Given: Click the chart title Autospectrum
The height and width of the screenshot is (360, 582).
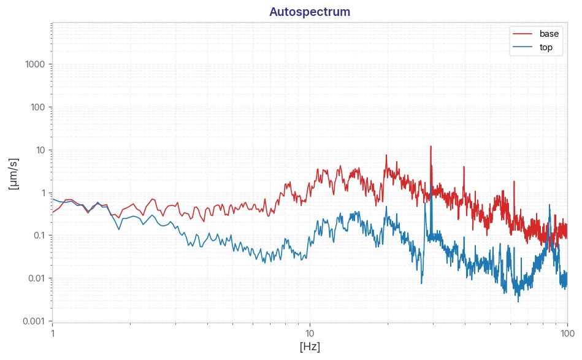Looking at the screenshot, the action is tap(310, 12).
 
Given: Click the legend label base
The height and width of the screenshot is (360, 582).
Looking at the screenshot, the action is tap(549, 34).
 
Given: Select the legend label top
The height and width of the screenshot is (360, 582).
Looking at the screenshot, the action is tap(546, 47).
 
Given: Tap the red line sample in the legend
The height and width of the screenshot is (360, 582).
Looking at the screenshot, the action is tap(523, 34).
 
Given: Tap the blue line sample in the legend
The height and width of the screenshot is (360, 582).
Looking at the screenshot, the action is tap(523, 47).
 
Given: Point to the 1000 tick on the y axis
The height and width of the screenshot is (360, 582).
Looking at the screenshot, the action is tap(35, 64).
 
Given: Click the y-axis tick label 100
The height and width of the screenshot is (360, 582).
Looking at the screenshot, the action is tap(37, 107).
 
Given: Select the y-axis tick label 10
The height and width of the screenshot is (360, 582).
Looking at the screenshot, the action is tap(40, 150).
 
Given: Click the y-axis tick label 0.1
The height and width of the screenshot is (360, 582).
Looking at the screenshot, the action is tap(39, 236).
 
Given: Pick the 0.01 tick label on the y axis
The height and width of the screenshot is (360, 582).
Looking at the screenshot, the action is tap(36, 278).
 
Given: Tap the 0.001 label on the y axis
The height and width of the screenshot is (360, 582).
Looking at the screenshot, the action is tap(34, 321).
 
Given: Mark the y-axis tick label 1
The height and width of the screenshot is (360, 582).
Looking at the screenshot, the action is tap(43, 193).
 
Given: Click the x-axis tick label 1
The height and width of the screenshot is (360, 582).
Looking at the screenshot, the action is tap(52, 333).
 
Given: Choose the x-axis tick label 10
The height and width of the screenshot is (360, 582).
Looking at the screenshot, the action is tap(310, 333).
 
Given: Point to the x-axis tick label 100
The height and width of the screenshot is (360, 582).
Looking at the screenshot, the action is tap(567, 333).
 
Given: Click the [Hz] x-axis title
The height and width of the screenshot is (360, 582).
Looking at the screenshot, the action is tap(310, 347).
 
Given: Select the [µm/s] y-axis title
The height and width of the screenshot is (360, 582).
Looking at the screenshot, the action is tap(13, 174).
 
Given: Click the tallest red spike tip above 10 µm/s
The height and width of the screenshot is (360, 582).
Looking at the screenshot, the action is tap(431, 146).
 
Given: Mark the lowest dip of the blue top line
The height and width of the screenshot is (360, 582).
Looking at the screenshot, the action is tap(519, 301).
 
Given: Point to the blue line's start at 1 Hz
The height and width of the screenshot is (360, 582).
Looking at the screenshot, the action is tap(52, 199).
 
